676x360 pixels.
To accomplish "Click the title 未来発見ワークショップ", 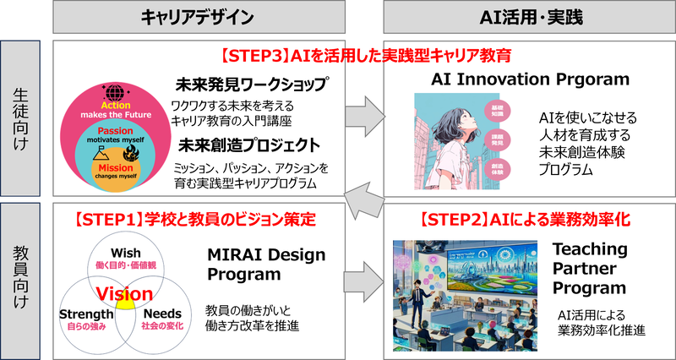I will pyautogui.click(x=249, y=85).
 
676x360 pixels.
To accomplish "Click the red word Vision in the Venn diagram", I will pyautogui.click(x=123, y=293).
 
